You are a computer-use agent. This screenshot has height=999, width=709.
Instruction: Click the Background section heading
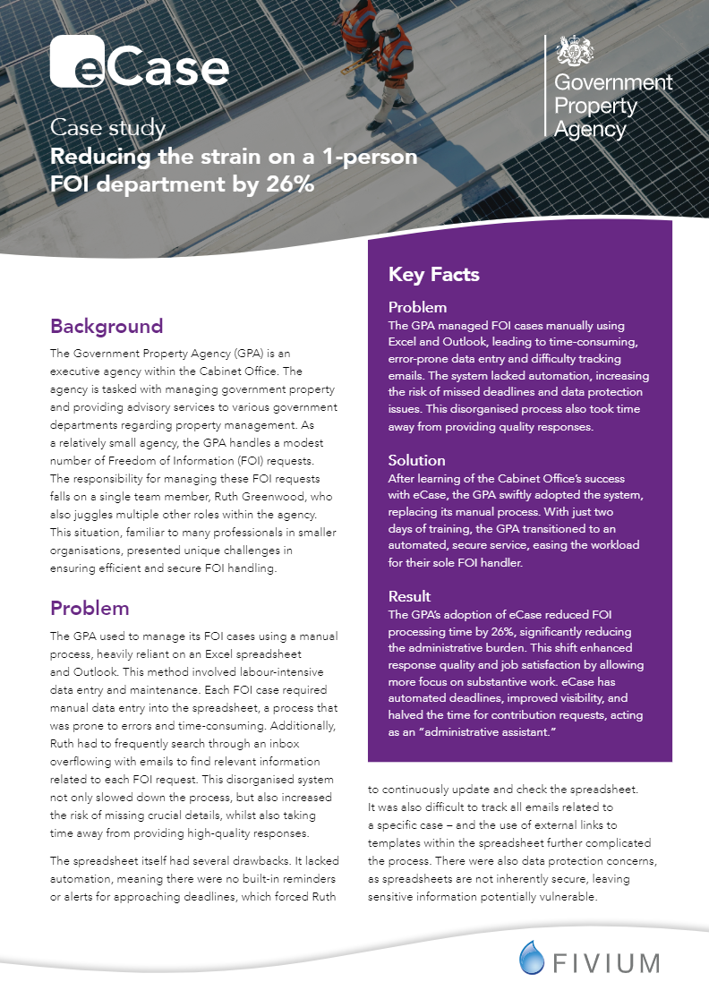[107, 326]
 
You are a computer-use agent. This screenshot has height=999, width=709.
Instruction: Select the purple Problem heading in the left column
[90, 609]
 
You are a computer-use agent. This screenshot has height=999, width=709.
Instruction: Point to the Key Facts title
[433, 274]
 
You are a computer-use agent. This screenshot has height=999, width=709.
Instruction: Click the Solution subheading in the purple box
[416, 460]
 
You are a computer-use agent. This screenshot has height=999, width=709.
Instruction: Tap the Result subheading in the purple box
[409, 595]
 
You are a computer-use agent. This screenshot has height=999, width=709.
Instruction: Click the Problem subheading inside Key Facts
[417, 308]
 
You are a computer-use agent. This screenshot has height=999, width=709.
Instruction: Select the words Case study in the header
[107, 128]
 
